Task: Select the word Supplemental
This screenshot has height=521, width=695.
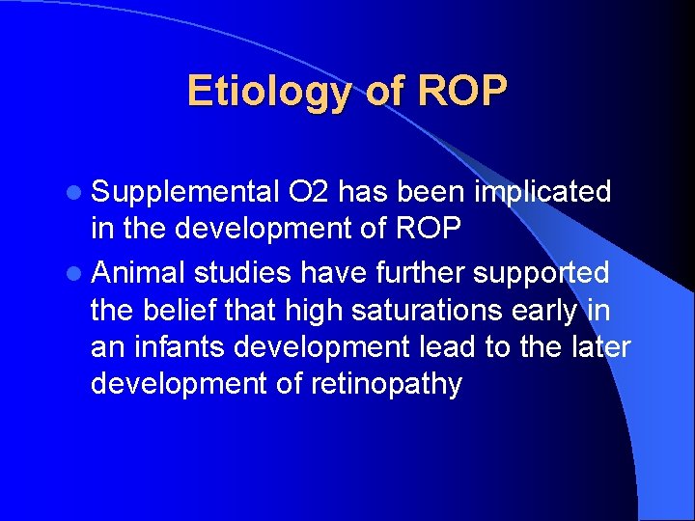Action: tap(184, 193)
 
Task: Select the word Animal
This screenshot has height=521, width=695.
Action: tap(139, 274)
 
